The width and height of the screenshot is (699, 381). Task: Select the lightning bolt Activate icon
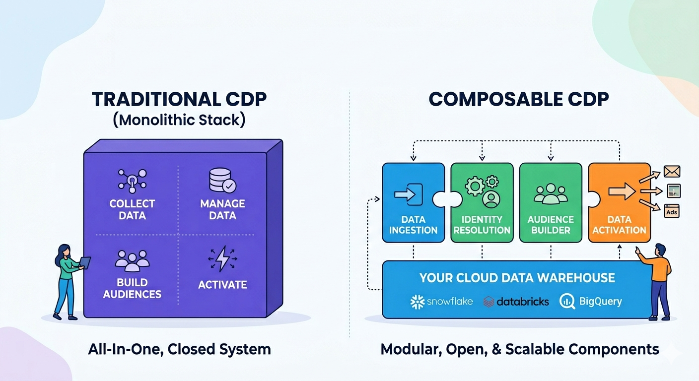(x=222, y=258)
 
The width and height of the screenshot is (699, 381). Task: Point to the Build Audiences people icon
(x=132, y=259)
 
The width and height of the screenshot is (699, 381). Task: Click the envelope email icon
(x=672, y=172)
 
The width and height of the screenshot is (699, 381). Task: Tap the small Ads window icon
(x=672, y=211)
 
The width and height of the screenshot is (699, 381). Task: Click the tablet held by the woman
(x=85, y=262)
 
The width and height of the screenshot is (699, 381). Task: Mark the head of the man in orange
(x=660, y=250)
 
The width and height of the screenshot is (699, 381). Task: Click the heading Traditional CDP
(x=179, y=99)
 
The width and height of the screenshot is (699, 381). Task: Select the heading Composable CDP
(x=518, y=99)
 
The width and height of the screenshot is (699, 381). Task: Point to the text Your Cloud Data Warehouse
(x=517, y=277)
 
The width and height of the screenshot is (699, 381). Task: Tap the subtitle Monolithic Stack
(x=179, y=121)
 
